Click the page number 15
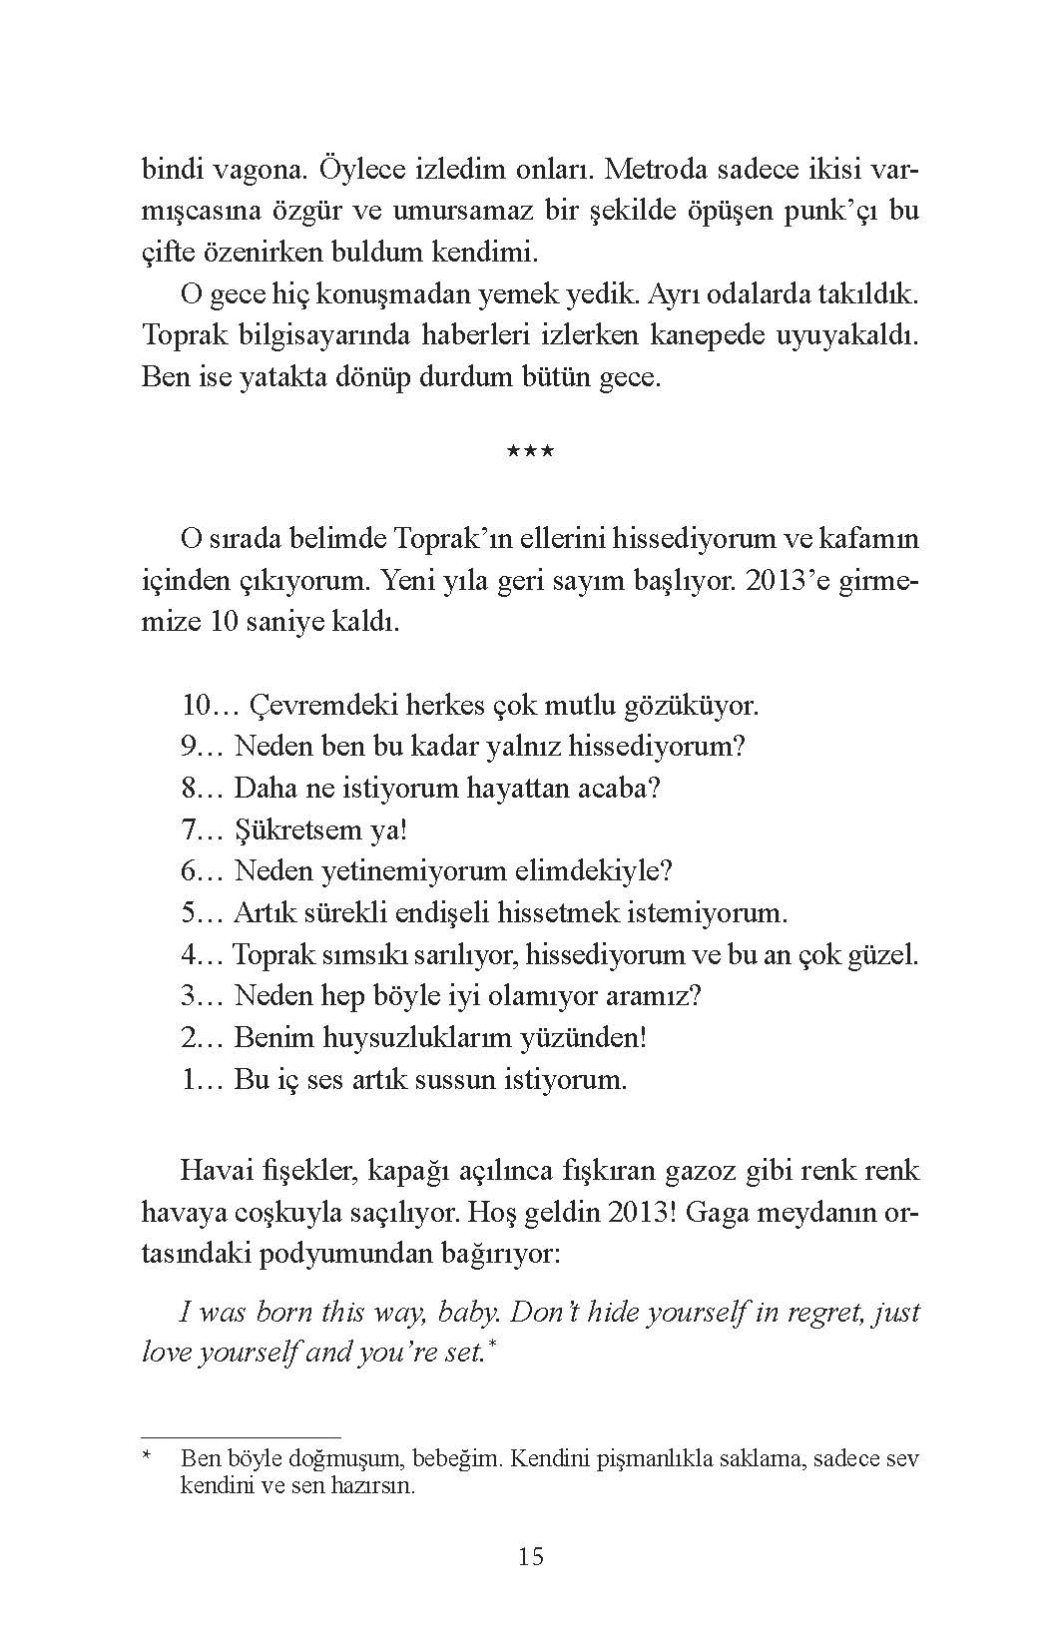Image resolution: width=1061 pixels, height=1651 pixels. point(530,1555)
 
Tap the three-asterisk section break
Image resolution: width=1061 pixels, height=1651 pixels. point(530,452)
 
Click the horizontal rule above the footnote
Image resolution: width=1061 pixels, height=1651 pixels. point(241,1436)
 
